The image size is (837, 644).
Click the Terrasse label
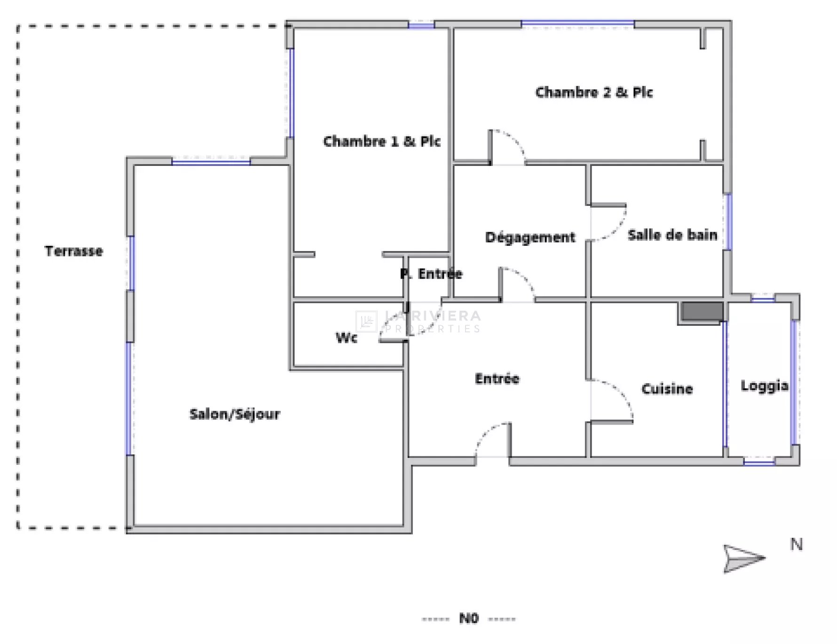74,251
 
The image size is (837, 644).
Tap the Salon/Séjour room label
235,414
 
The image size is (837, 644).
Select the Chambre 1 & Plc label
382,141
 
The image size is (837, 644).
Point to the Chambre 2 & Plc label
594,92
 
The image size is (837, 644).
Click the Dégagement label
530,237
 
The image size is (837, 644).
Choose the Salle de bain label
672,235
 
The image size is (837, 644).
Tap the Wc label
347,338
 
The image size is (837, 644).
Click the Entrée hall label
497,378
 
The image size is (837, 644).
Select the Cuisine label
667,389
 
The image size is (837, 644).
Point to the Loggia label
765,386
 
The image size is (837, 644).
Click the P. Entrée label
431,274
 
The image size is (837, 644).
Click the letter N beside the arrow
796,544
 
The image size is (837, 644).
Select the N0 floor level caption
468,618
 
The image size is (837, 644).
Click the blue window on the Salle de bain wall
728,221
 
